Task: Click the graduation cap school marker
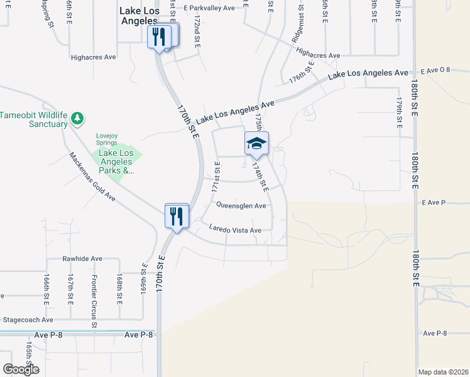tap(256, 144)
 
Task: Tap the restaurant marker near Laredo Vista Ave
tap(177, 216)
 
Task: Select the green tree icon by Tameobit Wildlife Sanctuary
tap(77, 118)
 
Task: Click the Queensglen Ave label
tap(241, 205)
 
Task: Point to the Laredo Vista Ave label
tap(235, 231)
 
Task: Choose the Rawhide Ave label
tap(82, 258)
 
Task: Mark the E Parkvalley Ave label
tap(209, 8)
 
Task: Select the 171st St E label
tap(216, 177)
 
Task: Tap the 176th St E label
tap(302, 73)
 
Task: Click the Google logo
tap(21, 369)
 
